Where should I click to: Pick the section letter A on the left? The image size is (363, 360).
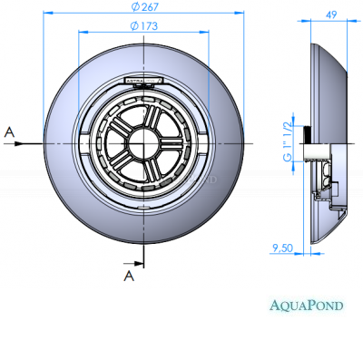(x=10, y=131)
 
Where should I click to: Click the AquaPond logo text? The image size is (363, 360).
(x=307, y=305)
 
